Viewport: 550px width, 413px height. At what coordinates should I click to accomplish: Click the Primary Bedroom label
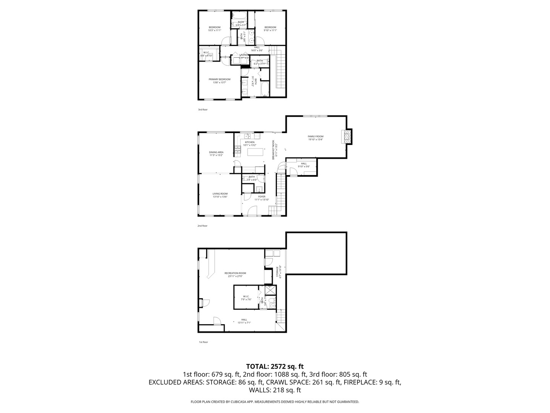coord(219,80)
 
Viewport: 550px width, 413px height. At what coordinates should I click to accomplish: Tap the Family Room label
coord(315,137)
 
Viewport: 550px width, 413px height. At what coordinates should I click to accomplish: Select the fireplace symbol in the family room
coord(347,137)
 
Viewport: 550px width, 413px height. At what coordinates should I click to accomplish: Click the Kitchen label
coord(249,142)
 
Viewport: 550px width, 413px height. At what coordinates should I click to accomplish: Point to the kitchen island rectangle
coord(256,152)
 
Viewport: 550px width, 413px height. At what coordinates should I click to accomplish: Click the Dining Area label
coord(216,152)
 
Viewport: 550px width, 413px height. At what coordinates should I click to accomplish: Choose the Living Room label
coord(220,194)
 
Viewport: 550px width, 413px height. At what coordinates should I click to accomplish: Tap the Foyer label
coord(262,197)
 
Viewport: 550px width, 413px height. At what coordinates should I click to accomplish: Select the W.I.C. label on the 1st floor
coord(246,296)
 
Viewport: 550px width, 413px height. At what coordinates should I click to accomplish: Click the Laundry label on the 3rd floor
coord(244,55)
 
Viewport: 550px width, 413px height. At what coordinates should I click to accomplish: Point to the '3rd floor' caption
coord(202,110)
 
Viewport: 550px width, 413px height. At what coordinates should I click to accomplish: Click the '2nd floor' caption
coord(202,226)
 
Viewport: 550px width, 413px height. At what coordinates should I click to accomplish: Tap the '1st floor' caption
coord(203,342)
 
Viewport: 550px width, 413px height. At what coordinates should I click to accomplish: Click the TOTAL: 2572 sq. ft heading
coord(275,366)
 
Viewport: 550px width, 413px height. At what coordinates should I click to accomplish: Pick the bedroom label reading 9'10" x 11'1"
coord(270,28)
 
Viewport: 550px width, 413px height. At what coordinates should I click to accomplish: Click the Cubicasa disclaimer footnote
coord(275,402)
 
